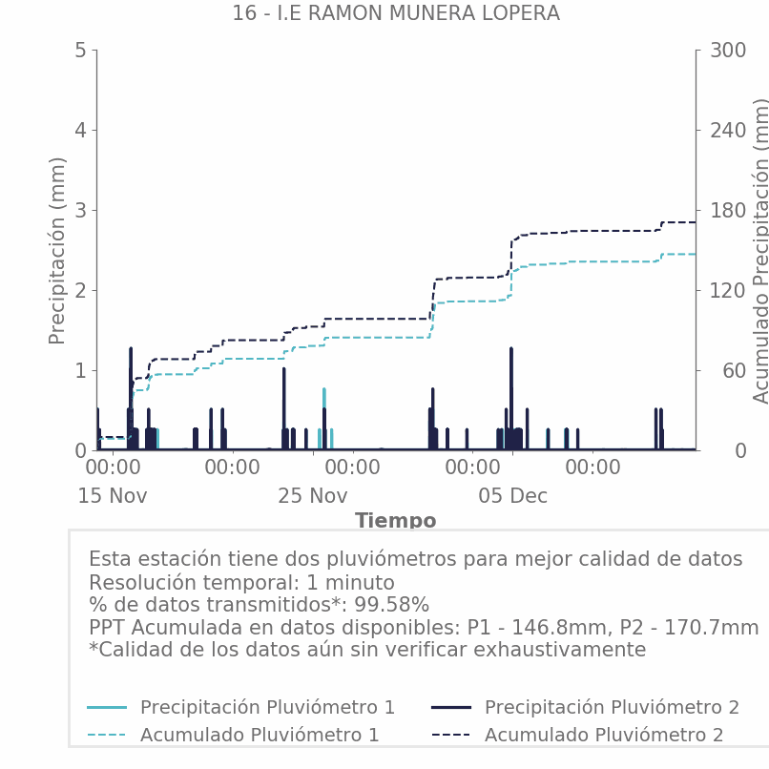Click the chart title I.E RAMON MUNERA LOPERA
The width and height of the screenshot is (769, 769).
pyautogui.click(x=395, y=13)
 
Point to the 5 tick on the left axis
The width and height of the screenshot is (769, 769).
pyautogui.click(x=80, y=51)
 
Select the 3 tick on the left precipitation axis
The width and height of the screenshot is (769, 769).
pyautogui.click(x=80, y=210)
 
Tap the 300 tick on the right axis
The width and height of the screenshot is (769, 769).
pyautogui.click(x=727, y=51)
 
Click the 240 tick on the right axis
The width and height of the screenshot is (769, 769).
pyautogui.click(x=727, y=131)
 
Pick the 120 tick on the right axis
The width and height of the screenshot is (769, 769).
pyautogui.click(x=727, y=290)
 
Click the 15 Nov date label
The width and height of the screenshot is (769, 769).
pyautogui.click(x=113, y=496)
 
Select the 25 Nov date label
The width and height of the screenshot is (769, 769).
pyautogui.click(x=313, y=496)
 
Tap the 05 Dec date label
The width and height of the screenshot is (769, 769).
pyautogui.click(x=513, y=496)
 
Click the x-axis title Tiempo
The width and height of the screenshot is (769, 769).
pyautogui.click(x=396, y=521)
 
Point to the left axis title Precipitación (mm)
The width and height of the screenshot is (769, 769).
pyautogui.click(x=58, y=250)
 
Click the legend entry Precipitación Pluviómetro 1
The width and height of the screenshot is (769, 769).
pyautogui.click(x=267, y=707)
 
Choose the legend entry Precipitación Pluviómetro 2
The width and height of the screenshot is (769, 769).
pyautogui.click(x=612, y=707)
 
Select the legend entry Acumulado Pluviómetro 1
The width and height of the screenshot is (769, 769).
pyautogui.click(x=260, y=735)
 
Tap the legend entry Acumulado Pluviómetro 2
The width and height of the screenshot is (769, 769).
pyautogui.click(x=604, y=735)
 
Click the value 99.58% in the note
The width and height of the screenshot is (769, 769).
pyautogui.click(x=392, y=605)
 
